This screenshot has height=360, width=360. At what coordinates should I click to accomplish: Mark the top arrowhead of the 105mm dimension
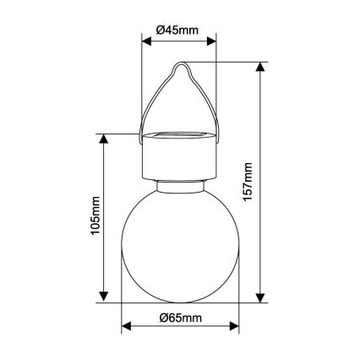pos(106,138)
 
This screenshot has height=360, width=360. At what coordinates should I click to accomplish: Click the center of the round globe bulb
pos(179,244)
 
